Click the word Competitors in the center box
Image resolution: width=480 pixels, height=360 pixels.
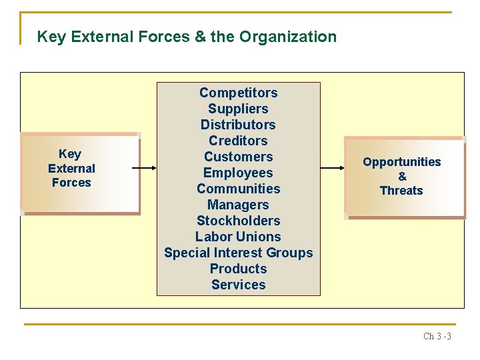pyautogui.click(x=238, y=93)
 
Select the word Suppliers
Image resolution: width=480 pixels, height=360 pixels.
pyautogui.click(x=238, y=109)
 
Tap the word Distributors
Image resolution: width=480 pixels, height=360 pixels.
pyautogui.click(x=238, y=125)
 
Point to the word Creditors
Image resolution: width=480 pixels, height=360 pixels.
pyautogui.click(x=238, y=141)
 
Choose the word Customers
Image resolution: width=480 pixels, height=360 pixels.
pyautogui.click(x=238, y=157)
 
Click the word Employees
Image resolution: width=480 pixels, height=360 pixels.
pyautogui.click(x=238, y=173)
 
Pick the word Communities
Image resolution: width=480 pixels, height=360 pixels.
pyautogui.click(x=238, y=189)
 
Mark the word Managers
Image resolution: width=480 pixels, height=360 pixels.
pyautogui.click(x=238, y=205)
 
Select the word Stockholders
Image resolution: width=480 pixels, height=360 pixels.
pyautogui.click(x=238, y=221)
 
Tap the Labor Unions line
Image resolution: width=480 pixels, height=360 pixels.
pyautogui.click(x=238, y=237)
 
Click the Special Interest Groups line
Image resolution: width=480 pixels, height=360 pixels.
pyautogui.click(x=238, y=253)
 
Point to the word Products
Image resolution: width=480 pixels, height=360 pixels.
pyautogui.click(x=238, y=269)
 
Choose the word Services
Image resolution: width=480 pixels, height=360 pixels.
pyautogui.click(x=238, y=285)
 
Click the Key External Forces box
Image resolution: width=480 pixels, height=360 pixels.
pyautogui.click(x=80, y=173)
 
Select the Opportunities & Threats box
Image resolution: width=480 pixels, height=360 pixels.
pyautogui.click(x=404, y=177)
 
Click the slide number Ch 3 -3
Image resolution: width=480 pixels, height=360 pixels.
pyautogui.click(x=437, y=336)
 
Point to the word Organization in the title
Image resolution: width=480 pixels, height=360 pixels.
pyautogui.click(x=288, y=37)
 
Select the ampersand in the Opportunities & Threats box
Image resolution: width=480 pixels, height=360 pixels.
pyautogui.click(x=402, y=177)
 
